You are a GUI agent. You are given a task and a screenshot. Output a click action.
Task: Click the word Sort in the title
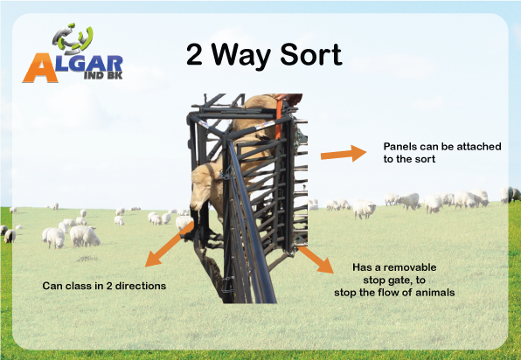pos(311,54)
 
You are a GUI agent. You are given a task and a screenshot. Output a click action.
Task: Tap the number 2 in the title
pos(194,54)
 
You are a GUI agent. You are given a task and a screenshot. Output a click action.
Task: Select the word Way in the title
pos(241,57)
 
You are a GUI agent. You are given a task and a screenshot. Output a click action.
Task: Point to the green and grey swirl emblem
pos(73,38)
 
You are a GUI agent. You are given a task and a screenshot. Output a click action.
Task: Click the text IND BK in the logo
pos(103,75)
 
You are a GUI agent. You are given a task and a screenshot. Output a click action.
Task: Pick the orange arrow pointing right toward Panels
pos(344,154)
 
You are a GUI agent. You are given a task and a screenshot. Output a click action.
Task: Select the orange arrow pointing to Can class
pos(170,244)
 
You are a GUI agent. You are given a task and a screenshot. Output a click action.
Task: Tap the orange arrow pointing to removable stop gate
pos(316,260)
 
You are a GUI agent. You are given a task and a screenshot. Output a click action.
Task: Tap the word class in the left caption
pos(79,286)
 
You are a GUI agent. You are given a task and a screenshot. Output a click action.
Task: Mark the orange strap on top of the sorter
pos(279,116)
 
